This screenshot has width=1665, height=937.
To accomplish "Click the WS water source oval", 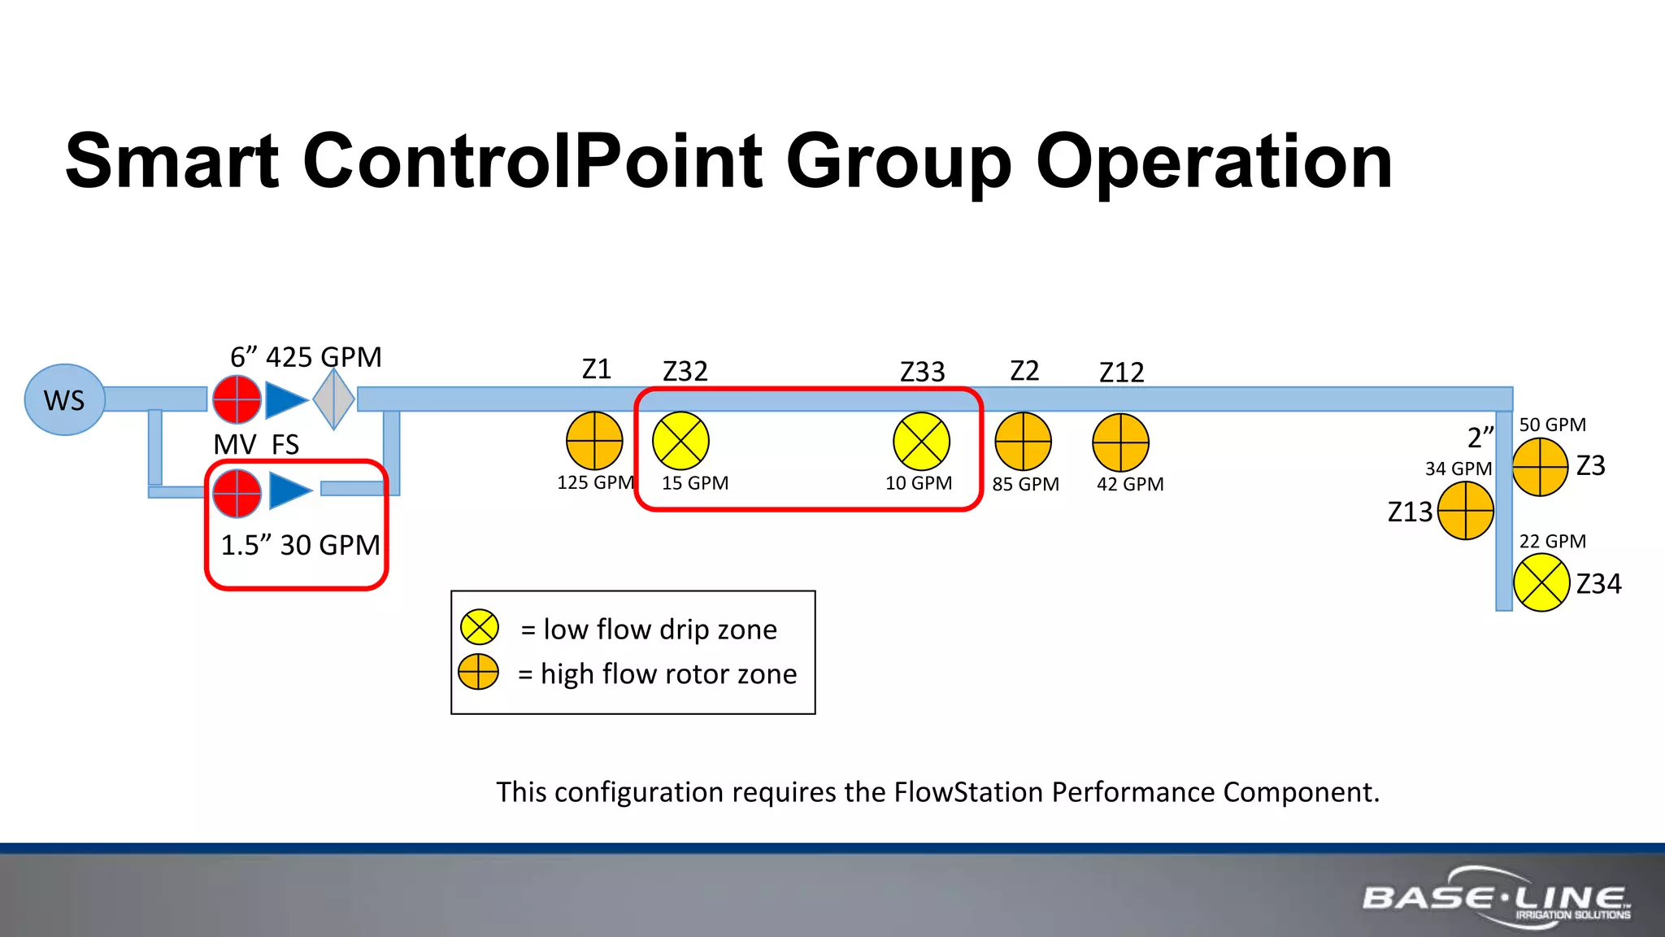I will [x=64, y=399].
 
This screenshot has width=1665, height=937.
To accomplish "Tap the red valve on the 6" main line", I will [x=237, y=399].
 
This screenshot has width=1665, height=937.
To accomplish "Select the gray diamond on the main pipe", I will [x=334, y=399].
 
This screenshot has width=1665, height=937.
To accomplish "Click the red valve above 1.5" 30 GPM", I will [x=237, y=493].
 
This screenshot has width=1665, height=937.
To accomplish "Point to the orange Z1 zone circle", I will [x=594, y=441].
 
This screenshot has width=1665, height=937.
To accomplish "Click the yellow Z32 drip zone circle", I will [x=680, y=441].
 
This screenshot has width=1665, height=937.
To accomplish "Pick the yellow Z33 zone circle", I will [x=921, y=442].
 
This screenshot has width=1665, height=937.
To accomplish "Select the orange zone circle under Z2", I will [x=1023, y=442].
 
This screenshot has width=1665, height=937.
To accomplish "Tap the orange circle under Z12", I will [x=1120, y=442].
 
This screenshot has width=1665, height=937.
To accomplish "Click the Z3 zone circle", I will [x=1540, y=467].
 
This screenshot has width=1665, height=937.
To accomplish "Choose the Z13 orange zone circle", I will [x=1465, y=511].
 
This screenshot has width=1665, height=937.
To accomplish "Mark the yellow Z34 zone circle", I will [x=1541, y=582].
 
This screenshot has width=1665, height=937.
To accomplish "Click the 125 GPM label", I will [x=595, y=482].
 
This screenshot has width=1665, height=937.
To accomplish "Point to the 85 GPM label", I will [x=1025, y=484].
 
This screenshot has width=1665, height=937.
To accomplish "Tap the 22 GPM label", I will [x=1552, y=541].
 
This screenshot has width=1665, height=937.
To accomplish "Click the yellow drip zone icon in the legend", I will [x=479, y=628].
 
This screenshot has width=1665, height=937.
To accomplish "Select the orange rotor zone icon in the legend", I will [x=478, y=672].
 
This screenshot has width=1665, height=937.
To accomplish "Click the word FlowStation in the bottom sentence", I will [x=967, y=791].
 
